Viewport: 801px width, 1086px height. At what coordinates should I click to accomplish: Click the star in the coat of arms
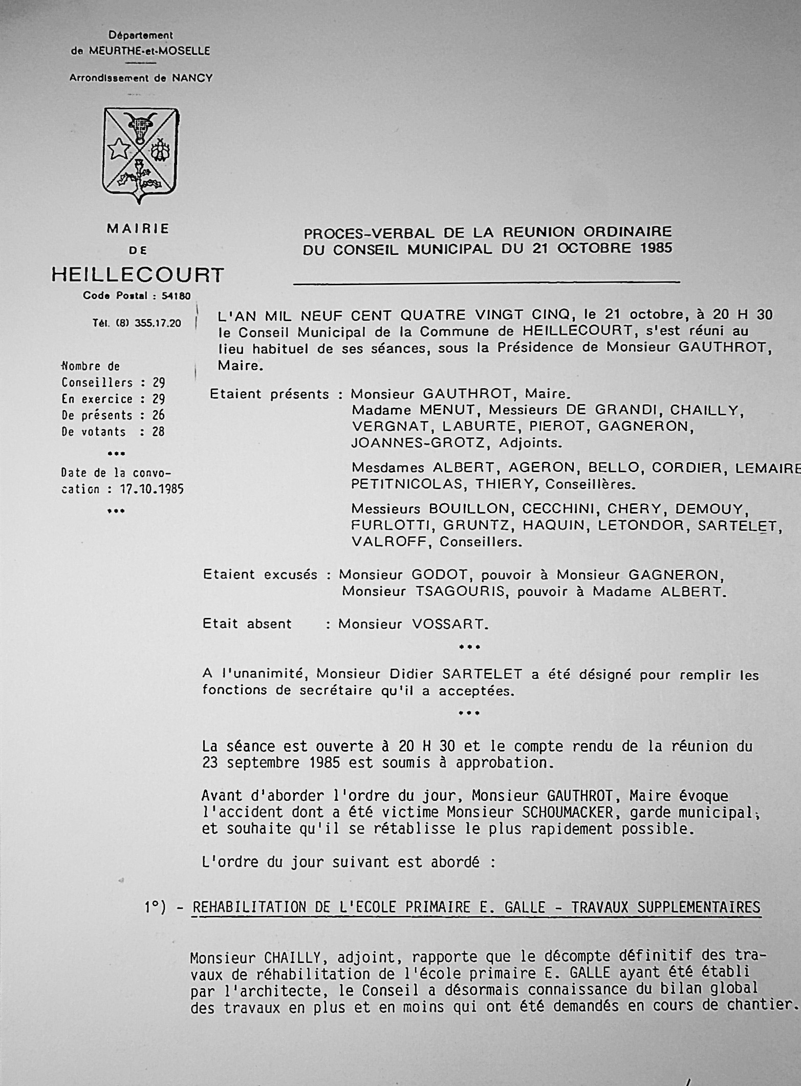[x=119, y=149]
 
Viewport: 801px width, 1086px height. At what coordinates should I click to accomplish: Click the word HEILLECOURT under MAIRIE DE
[x=138, y=275]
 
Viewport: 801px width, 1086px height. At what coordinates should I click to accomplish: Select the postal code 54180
[x=176, y=296]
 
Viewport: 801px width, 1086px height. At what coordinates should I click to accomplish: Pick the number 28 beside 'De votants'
[x=158, y=432]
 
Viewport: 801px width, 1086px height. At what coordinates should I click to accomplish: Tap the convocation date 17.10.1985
[x=152, y=489]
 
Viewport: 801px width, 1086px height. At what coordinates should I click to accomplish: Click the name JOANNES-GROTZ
[x=417, y=443]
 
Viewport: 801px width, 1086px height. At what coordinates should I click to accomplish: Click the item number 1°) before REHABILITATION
[x=155, y=908]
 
